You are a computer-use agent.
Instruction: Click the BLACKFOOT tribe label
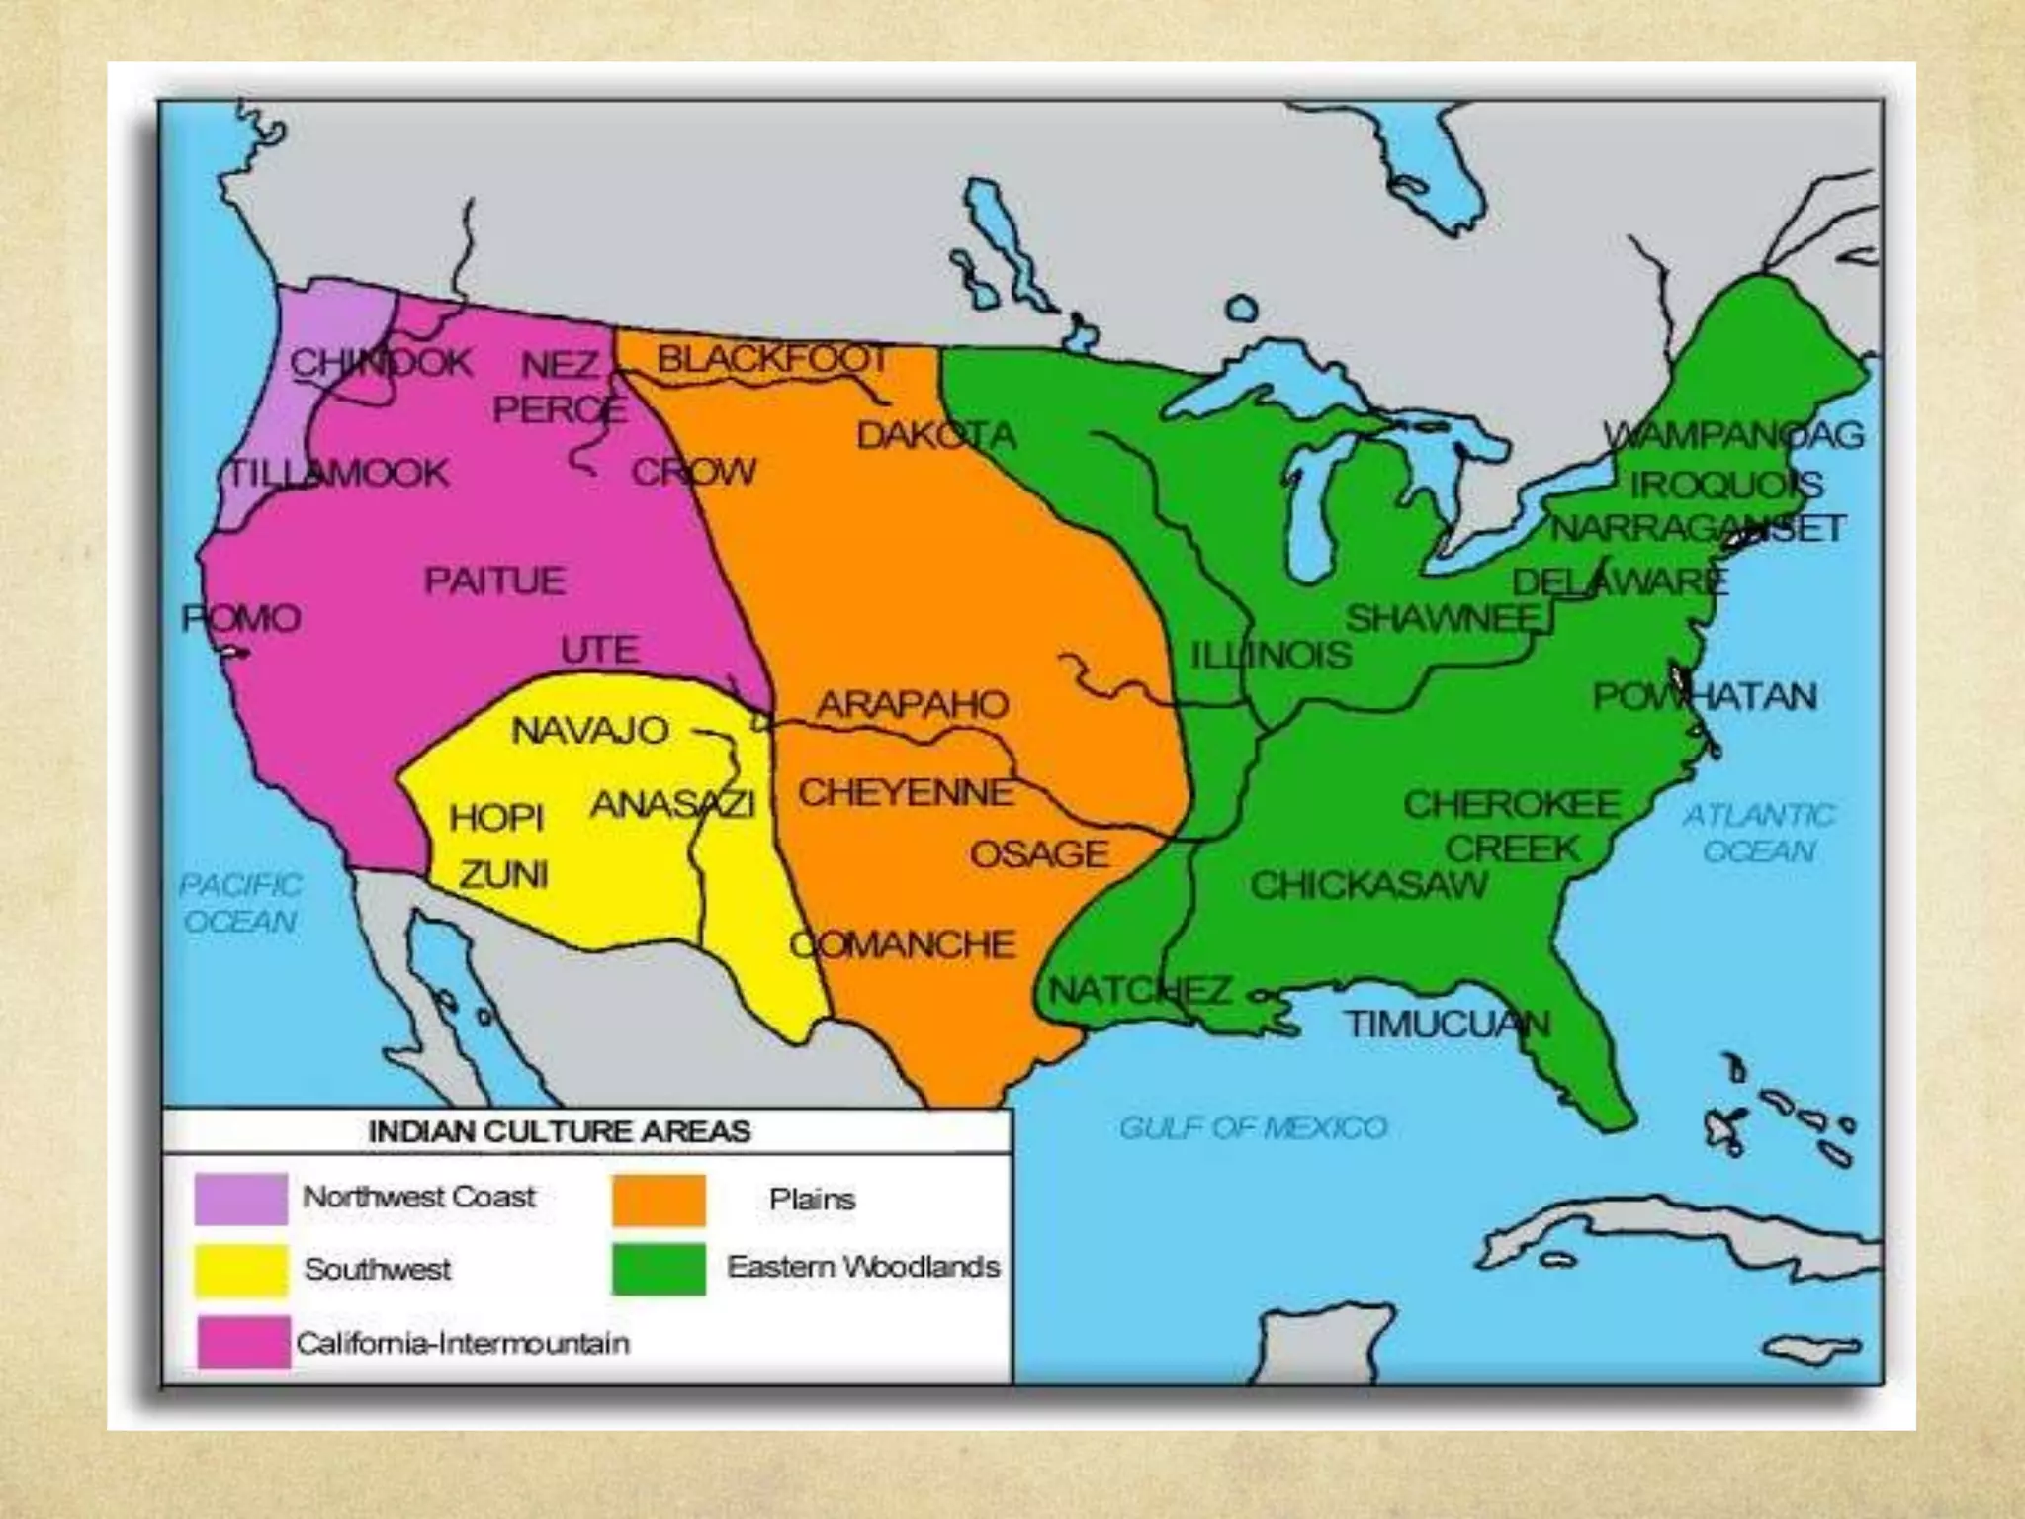tap(772, 359)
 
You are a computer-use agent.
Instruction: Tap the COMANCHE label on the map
tap(902, 945)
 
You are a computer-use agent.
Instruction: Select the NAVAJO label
tap(589, 731)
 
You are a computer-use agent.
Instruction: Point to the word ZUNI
tap(502, 874)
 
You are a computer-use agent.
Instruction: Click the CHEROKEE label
tap(1511, 804)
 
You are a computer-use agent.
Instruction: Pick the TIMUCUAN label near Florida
tap(1446, 1025)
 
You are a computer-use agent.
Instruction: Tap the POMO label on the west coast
tap(241, 619)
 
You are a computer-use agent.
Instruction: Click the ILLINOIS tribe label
tap(1270, 655)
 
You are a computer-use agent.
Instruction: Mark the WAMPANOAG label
tap(1732, 435)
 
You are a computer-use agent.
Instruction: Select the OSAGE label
tap(1038, 854)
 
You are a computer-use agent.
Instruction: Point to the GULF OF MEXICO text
tap(1253, 1127)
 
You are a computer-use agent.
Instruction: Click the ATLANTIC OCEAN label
tap(1759, 833)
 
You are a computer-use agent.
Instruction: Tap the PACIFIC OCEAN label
tap(240, 903)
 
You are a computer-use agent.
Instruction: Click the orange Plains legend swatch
tap(659, 1200)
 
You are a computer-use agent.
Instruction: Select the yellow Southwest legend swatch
tap(240, 1270)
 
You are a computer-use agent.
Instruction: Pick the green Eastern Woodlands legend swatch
tap(659, 1269)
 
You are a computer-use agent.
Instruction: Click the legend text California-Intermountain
tap(462, 1343)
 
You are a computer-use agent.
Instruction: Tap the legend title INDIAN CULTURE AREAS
tap(560, 1131)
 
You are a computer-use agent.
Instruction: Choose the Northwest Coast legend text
tap(418, 1197)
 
